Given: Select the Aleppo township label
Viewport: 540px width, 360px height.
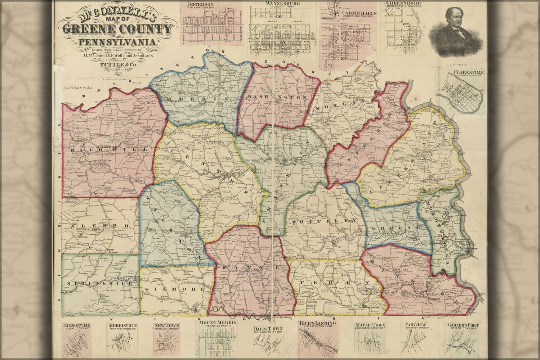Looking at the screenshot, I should point(94,226).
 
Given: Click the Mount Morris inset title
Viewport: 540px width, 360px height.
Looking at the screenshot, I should point(217,323).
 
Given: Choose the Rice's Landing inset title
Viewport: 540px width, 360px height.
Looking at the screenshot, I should point(317,323).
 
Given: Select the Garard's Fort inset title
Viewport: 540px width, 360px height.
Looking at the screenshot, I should point(463,325).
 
